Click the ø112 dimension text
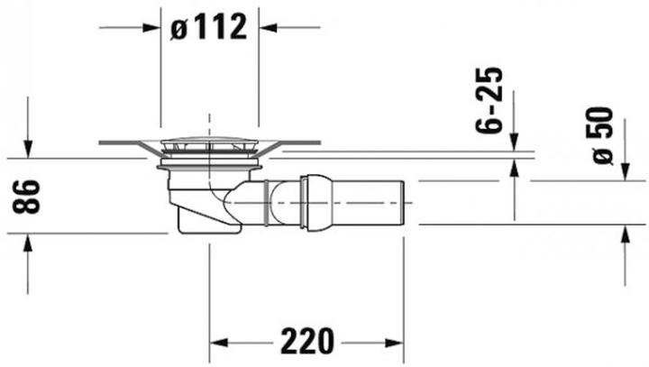coord(208,27)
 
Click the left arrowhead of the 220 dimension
coord(218,342)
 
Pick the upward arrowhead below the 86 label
coord(28,243)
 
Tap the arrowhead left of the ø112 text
coord(153,27)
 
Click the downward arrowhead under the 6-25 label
coord(514,142)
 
